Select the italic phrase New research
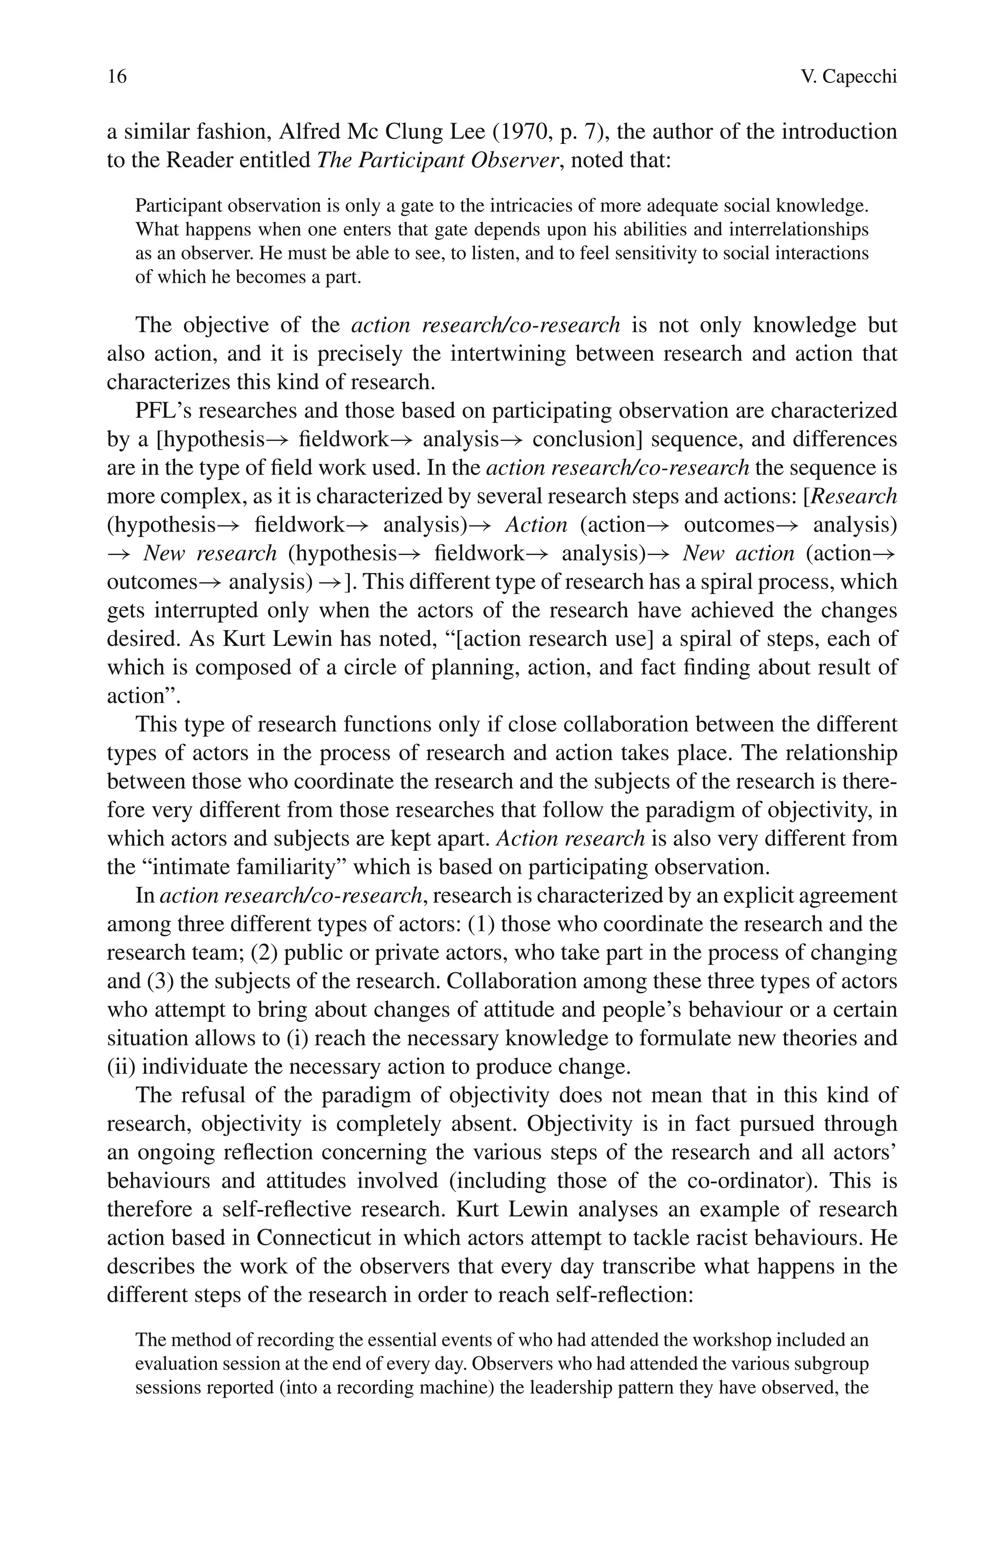point(210,554)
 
